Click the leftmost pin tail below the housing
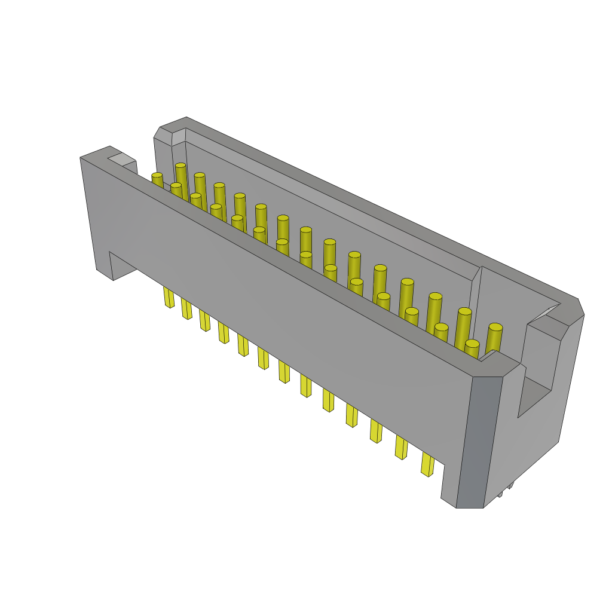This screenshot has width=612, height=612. tap(169, 297)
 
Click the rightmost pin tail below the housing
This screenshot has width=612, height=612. tap(428, 464)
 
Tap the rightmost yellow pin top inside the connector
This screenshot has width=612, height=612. tap(495, 328)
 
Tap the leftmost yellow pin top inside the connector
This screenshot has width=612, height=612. tap(157, 176)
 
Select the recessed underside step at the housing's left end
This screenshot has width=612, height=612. tap(123, 266)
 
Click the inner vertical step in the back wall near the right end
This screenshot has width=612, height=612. tap(476, 275)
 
